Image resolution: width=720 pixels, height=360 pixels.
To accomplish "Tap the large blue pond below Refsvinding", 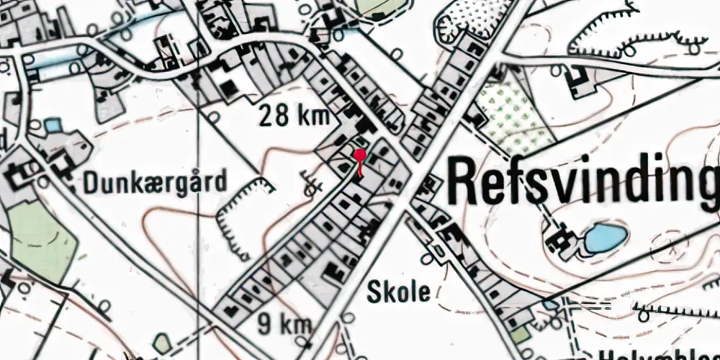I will point(605,238).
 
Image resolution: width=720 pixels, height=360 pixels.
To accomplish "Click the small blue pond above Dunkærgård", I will point(53,127).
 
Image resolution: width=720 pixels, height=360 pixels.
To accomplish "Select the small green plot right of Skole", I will point(519,334).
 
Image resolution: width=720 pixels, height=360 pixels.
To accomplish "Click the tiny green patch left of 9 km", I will point(163,345).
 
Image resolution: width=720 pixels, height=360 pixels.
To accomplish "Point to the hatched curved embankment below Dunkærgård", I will point(238,216).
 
